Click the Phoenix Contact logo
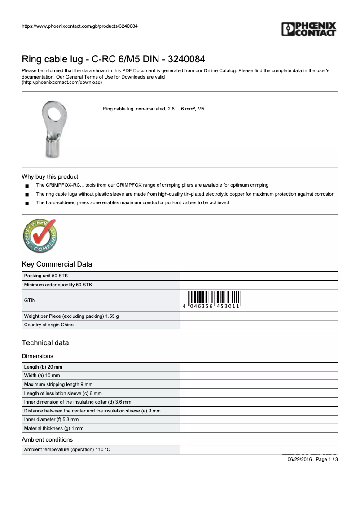(309, 30)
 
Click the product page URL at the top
(79, 26)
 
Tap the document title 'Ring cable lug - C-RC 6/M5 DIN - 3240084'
(114, 59)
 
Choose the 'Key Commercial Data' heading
(57, 264)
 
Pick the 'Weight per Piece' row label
(71, 316)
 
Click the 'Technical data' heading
(45, 343)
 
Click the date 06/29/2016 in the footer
(299, 460)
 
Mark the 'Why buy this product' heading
(50, 177)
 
